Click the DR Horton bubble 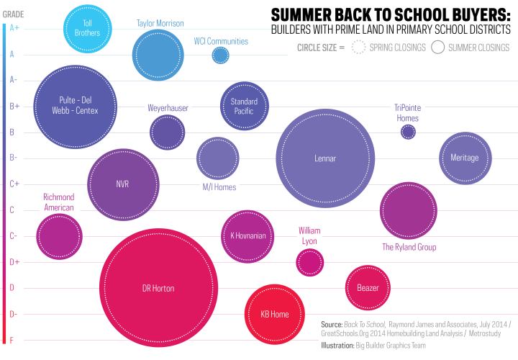click(158, 288)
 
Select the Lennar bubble click(325, 158)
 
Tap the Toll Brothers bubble click(87, 28)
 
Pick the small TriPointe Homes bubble click(408, 131)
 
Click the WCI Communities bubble click(221, 55)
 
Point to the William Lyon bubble click(309, 261)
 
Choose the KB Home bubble click(274, 314)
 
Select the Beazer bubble click(368, 287)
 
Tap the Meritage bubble click(464, 158)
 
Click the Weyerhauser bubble click(168, 132)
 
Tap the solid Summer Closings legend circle click(437, 48)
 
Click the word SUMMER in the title click(296, 14)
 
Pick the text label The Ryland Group click(409, 247)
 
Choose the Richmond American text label click(59, 202)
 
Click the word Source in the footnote click(332, 325)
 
